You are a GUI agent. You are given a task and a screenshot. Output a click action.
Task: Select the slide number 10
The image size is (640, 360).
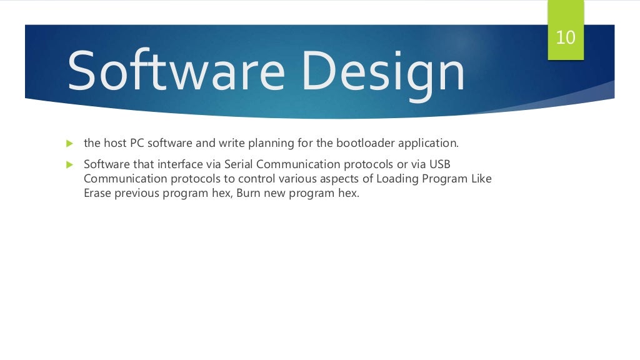(x=565, y=37)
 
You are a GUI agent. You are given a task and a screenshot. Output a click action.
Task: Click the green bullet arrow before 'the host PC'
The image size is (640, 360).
(x=69, y=144)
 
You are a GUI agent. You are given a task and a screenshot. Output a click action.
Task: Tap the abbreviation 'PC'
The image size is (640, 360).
(x=137, y=143)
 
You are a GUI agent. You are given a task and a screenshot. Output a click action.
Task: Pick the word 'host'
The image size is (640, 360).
(x=114, y=143)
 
